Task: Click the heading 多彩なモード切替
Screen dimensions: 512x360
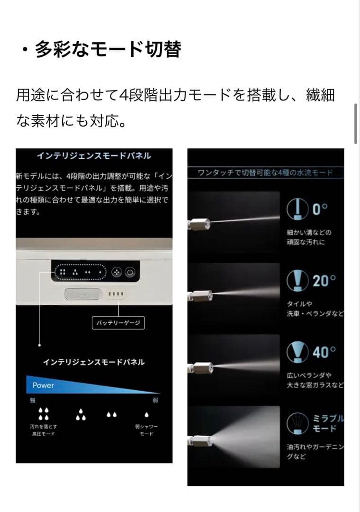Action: [108, 49]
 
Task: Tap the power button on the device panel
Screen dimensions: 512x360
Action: [131, 273]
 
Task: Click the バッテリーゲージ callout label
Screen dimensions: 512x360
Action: [118, 324]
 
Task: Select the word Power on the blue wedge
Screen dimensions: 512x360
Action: [44, 385]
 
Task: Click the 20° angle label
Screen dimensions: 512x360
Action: [324, 281]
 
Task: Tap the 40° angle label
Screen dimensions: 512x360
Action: [324, 352]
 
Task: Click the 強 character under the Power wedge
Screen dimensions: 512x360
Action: [33, 401]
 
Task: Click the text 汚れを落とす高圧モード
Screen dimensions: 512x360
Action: [43, 430]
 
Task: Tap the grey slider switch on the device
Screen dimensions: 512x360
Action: [82, 294]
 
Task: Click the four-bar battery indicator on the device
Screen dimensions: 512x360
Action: [116, 294]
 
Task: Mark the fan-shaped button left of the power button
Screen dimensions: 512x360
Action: [116, 273]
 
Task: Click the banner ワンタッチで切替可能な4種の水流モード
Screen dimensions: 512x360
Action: [265, 173]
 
